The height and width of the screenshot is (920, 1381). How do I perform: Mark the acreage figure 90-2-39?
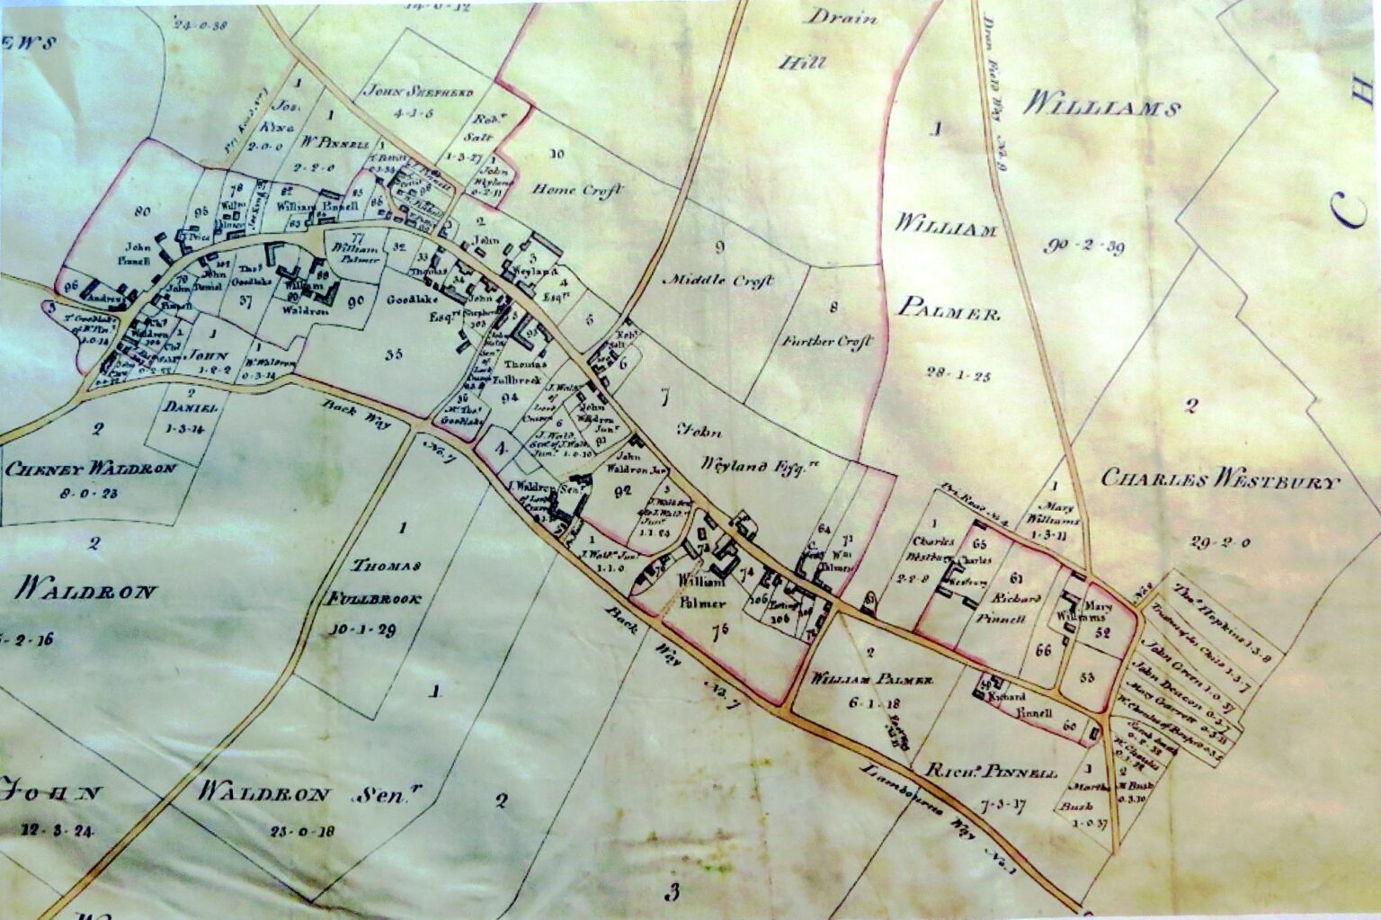click(1086, 247)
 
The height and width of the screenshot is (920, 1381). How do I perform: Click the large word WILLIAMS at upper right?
click(1100, 110)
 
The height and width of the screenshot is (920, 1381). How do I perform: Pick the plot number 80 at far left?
click(142, 213)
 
